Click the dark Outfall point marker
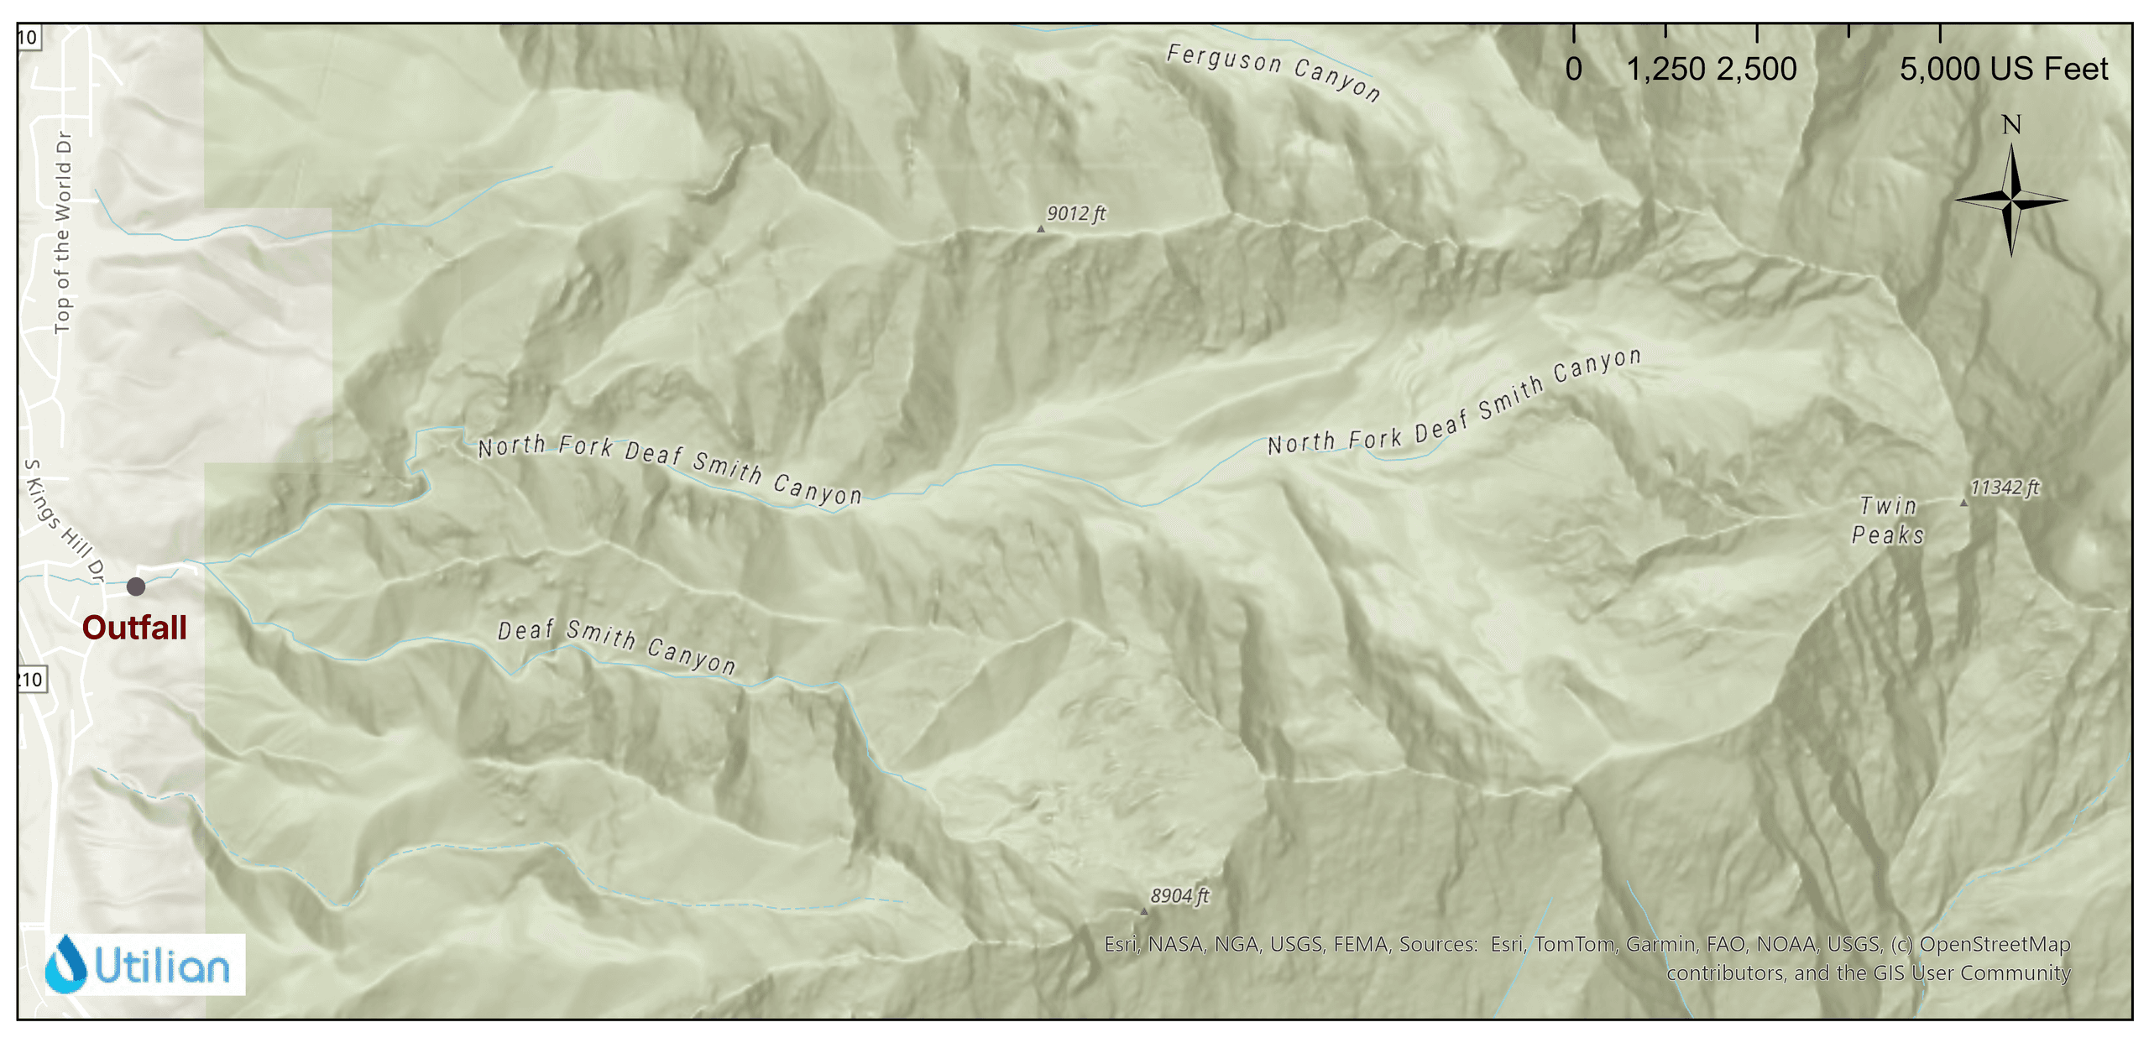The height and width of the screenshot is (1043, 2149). (136, 587)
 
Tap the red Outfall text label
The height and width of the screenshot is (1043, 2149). (134, 628)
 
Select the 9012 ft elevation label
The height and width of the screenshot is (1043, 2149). (1075, 214)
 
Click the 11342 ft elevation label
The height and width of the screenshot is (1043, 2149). (2004, 488)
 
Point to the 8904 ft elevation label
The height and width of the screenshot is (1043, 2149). (1179, 896)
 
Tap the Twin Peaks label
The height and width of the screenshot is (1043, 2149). (1888, 520)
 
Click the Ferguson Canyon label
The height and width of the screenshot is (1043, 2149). (1273, 72)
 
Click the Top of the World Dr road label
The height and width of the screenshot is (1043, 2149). (63, 232)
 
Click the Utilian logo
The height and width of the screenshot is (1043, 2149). (145, 965)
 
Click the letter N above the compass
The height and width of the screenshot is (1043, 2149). (2010, 126)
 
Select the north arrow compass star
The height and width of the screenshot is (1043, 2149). (2010, 200)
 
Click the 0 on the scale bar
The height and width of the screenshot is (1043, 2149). (1573, 70)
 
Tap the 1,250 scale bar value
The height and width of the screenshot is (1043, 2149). (1665, 70)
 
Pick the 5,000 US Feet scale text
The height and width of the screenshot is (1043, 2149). (2003, 70)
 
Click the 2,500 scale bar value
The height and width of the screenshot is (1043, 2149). (1756, 70)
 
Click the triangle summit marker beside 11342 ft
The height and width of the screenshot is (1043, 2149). (1963, 503)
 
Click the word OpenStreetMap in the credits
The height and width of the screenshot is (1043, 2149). (1995, 945)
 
